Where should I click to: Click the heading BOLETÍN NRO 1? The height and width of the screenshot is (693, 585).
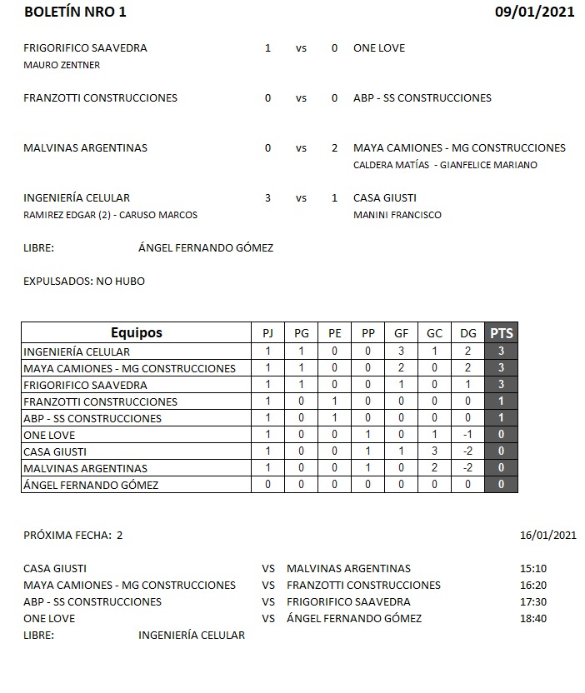coord(76,12)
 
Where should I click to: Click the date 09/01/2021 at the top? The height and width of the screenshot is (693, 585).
coord(534,12)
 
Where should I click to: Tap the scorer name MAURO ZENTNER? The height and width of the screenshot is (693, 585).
coord(62,65)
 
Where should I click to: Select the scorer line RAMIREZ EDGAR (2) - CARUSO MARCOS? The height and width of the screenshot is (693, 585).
coord(110,215)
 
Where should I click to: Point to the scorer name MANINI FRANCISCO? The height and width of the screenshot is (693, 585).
coord(397,215)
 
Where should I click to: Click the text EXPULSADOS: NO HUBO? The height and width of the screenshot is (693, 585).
coord(84,282)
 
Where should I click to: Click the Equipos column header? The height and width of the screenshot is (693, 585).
coord(137,332)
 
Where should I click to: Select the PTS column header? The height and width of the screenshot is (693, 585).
coord(501,332)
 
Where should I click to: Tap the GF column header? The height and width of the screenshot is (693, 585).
coord(401,333)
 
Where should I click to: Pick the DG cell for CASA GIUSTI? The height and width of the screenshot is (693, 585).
coord(467,451)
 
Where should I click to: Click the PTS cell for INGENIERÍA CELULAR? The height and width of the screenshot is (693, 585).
coord(501,351)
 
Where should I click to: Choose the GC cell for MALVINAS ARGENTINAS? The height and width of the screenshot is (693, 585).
coord(434,468)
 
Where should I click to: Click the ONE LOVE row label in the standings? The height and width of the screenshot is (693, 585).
coord(50,435)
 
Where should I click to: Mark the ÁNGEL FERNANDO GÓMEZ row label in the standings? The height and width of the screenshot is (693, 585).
coord(91,485)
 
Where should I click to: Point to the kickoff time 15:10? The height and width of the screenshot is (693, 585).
coord(532,569)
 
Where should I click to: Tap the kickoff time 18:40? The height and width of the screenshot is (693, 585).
coord(532,619)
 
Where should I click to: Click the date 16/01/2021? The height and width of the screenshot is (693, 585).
coord(547,536)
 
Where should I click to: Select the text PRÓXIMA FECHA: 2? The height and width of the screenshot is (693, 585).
coord(73,536)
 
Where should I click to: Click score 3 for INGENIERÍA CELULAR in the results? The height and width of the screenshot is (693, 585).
coord(267,198)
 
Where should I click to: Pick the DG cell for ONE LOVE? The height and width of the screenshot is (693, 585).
coord(467,435)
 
